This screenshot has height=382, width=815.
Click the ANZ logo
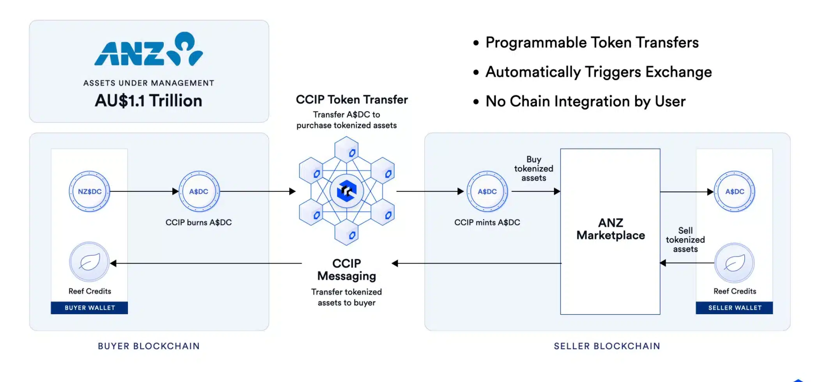click(149, 49)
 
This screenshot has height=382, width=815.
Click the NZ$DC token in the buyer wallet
click(89, 191)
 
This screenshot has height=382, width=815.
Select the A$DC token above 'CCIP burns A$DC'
click(199, 191)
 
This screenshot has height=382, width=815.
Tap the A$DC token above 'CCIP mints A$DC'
click(487, 191)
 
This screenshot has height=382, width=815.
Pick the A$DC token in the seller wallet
click(735, 191)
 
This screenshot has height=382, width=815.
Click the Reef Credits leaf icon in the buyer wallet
click(89, 262)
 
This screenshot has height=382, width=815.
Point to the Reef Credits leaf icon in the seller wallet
click(735, 263)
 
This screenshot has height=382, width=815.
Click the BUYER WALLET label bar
click(89, 308)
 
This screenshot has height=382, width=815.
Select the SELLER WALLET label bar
click(734, 308)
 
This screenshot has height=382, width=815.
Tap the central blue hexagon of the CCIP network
click(347, 191)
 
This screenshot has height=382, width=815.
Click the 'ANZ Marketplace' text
click(611, 229)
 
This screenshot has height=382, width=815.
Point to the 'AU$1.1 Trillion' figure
click(149, 101)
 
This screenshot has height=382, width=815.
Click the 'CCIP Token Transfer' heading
click(352, 99)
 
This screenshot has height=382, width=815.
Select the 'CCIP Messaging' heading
click(347, 269)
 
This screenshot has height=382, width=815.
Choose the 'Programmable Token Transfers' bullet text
click(592, 42)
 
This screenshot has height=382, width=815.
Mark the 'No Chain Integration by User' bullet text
click(585, 101)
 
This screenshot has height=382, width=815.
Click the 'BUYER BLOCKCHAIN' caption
click(149, 346)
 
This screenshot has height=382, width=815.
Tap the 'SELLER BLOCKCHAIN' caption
click(607, 346)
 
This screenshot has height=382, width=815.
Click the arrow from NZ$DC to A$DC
click(144, 191)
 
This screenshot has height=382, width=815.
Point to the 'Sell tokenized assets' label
click(685, 240)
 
